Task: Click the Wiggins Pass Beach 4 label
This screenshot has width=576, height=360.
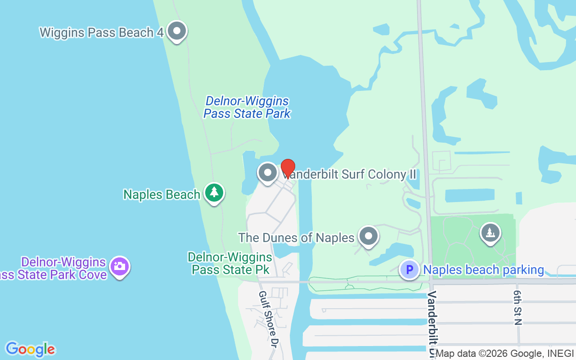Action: [x=101, y=32]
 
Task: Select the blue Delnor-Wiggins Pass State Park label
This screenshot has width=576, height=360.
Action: [x=247, y=107]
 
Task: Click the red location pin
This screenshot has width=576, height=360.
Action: [x=288, y=169]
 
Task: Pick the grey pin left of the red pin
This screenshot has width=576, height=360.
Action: [x=268, y=173]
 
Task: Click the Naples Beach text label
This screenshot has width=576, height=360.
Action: [x=162, y=194]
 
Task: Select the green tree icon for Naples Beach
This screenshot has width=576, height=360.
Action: [x=214, y=193]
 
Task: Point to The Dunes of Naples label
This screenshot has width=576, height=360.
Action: [x=296, y=237]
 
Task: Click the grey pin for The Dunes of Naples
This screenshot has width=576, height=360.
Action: [x=369, y=236]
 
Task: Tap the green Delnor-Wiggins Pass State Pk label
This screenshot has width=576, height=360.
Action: [x=230, y=263]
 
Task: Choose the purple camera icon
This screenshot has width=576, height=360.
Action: [x=119, y=266]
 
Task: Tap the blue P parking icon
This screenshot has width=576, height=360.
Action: [x=409, y=270]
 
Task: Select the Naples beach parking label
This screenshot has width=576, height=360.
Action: [x=484, y=270]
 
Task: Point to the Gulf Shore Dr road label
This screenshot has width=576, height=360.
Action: [x=267, y=319]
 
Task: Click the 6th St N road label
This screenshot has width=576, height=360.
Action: [x=517, y=307]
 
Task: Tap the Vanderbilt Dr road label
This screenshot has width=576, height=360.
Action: [x=432, y=324]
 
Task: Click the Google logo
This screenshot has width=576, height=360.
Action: [x=30, y=349]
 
